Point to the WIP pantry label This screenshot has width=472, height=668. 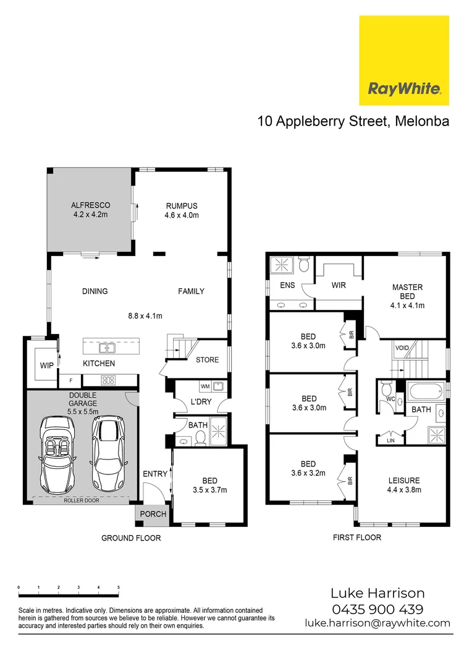click(x=47, y=366)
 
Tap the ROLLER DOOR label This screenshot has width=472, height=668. click(x=81, y=500)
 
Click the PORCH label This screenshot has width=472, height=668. click(x=153, y=514)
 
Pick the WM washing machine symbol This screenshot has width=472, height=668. click(x=204, y=387)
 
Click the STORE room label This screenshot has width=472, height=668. click(x=207, y=360)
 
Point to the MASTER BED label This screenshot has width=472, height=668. click(x=408, y=291)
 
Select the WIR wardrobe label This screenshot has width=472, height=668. click(x=338, y=285)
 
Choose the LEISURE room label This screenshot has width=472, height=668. click(x=404, y=480)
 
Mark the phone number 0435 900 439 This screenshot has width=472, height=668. click(x=377, y=609)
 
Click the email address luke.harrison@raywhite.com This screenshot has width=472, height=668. click(x=377, y=623)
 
